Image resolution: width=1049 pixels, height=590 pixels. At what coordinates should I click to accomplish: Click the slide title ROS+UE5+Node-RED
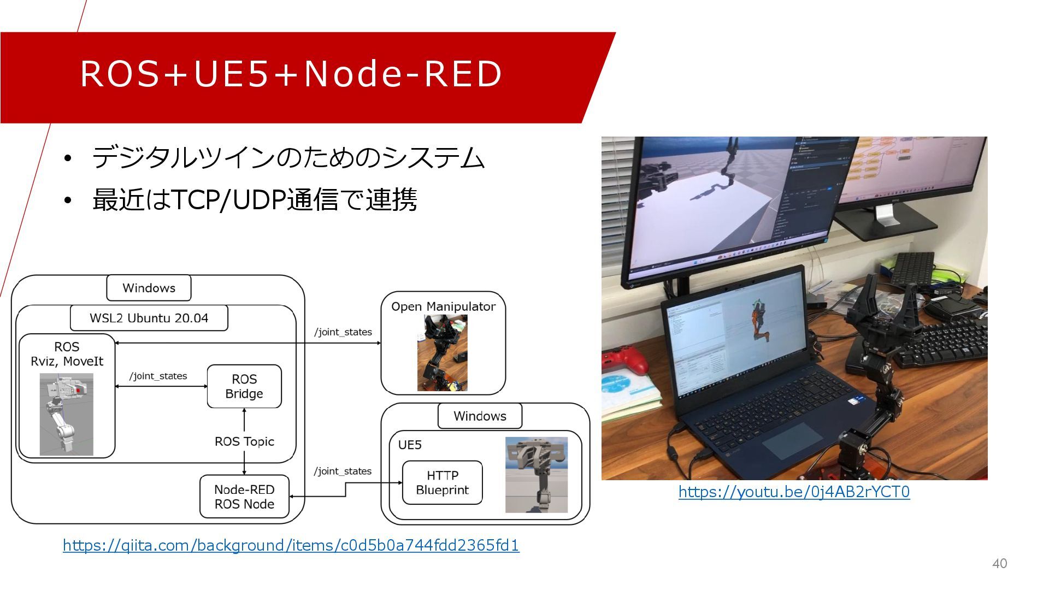coord(291,74)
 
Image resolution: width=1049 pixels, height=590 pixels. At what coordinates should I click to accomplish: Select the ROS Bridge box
coord(244,387)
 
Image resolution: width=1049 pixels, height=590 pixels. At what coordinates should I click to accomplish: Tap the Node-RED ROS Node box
coord(244,497)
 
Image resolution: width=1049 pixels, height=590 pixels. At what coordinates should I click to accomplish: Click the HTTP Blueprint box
coord(442,483)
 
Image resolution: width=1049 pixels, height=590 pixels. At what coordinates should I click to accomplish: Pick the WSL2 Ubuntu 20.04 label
coord(149,318)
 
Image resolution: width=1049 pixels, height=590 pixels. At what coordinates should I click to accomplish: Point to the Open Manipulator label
coord(443,306)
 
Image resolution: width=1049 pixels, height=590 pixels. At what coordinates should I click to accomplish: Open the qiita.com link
coord(291,545)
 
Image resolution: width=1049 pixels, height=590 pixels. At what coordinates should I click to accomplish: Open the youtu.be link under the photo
coord(794,492)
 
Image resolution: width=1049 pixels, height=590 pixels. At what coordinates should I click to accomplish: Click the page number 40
coord(999,564)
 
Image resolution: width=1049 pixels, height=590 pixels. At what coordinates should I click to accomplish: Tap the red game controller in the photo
coord(623,361)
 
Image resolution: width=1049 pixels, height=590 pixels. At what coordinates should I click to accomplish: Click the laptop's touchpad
coord(792,440)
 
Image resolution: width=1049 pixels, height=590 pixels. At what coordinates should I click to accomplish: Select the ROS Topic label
coord(244,441)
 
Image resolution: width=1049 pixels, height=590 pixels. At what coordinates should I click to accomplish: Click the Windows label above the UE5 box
coord(480,416)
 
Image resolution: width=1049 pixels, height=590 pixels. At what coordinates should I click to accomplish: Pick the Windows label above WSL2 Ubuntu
coord(149,288)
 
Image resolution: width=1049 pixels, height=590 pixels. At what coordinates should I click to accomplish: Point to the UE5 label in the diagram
coord(410,445)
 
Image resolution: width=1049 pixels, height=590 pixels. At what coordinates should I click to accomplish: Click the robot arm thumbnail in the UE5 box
coord(536,475)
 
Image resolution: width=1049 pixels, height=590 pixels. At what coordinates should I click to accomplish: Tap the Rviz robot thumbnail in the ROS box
coord(67,414)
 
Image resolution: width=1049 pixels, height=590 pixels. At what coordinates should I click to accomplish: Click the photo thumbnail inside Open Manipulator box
coord(442,353)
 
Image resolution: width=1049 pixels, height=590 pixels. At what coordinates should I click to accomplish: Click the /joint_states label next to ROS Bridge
coord(158,376)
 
